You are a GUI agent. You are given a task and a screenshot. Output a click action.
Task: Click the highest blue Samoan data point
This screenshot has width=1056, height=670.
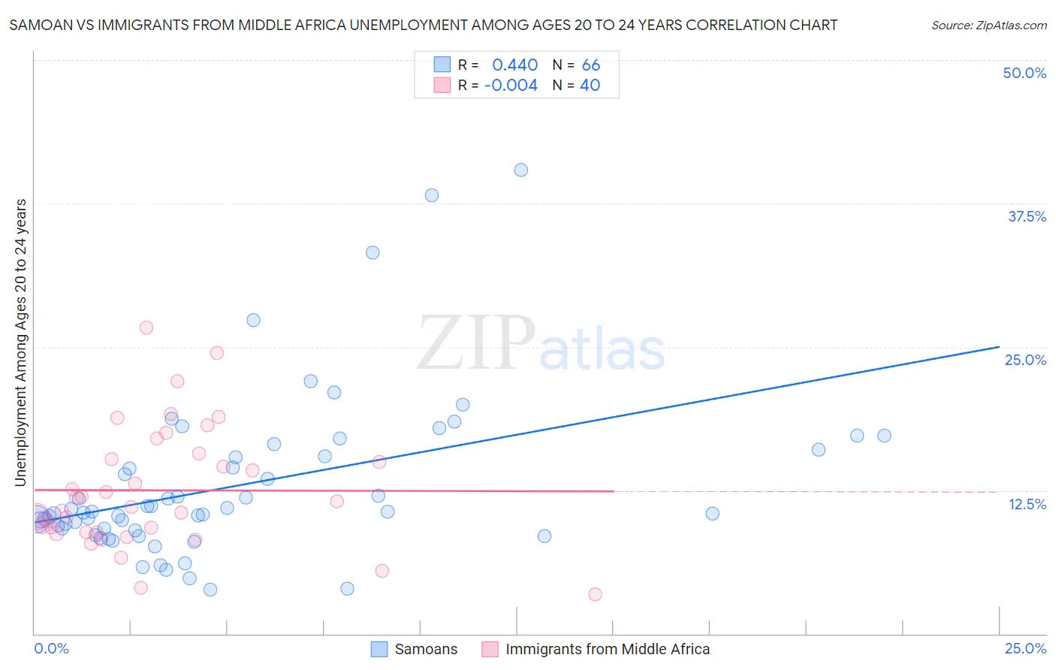click(x=520, y=170)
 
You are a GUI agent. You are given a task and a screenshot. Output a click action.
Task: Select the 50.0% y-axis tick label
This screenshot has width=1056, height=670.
click(x=1024, y=73)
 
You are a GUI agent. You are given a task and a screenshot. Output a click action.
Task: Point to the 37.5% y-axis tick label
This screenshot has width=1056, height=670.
click(x=1027, y=216)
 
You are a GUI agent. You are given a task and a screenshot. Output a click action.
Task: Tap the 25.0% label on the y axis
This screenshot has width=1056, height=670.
click(x=1025, y=360)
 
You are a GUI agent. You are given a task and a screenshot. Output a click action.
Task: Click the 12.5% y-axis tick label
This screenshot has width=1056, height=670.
click(x=1027, y=504)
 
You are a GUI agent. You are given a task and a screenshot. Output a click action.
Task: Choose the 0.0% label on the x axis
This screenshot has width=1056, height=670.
click(x=51, y=649)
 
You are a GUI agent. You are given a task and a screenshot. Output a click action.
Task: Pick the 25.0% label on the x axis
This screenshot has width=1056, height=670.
click(x=1025, y=649)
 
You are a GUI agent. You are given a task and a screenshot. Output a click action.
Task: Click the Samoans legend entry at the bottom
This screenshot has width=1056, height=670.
click(x=426, y=649)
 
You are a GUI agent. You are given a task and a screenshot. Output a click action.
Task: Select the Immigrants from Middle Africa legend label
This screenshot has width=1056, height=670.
click(x=607, y=649)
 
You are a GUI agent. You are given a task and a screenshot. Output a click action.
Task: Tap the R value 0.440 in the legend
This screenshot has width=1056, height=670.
click(x=514, y=65)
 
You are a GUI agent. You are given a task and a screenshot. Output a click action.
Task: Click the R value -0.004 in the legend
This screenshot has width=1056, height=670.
click(x=511, y=86)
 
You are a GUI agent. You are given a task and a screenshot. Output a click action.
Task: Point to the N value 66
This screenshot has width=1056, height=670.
click(x=590, y=65)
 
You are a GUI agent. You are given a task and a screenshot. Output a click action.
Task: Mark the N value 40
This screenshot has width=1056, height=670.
click(x=590, y=86)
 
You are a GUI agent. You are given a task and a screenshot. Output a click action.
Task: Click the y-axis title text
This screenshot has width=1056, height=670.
click(x=20, y=343)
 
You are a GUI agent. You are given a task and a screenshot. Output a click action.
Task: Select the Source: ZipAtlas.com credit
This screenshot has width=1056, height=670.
click(x=988, y=25)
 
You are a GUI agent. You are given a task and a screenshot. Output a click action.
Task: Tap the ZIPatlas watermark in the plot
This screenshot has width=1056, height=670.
click(x=541, y=344)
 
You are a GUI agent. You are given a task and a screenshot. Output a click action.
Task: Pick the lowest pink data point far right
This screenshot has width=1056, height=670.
click(x=595, y=594)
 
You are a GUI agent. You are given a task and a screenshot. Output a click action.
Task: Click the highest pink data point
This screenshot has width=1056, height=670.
click(x=146, y=327)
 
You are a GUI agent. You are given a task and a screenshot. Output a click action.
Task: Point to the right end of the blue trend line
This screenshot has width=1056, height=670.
click(x=999, y=346)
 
